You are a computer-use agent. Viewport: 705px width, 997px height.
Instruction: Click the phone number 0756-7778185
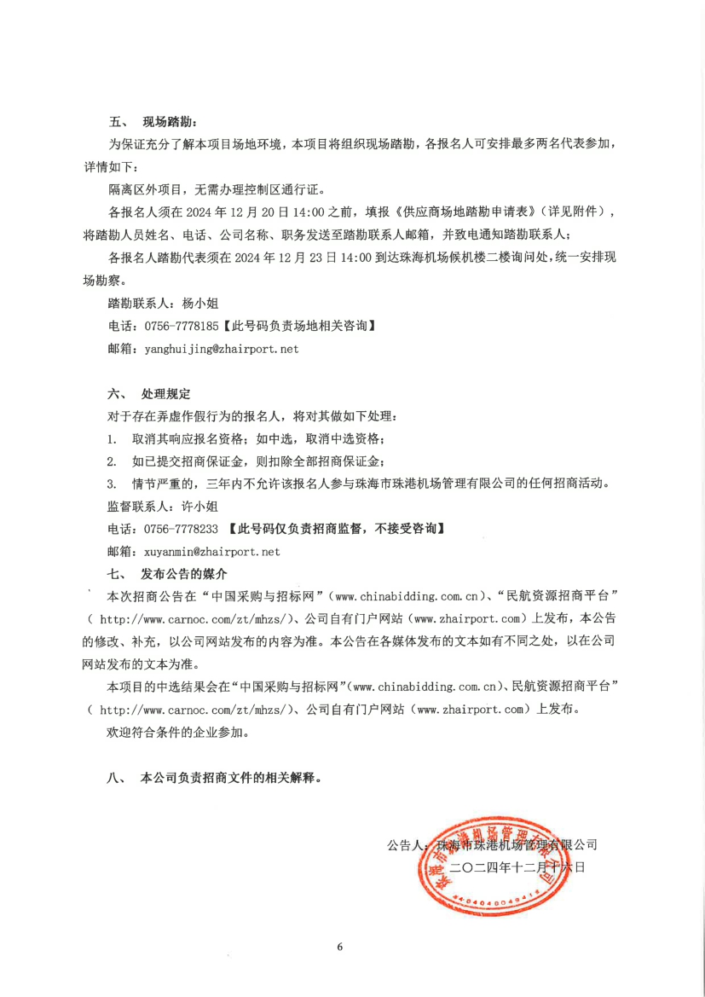pos(182,326)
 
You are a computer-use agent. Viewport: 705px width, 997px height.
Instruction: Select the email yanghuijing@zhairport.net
pos(222,349)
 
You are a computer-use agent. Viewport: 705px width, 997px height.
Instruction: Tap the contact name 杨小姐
pos(201,303)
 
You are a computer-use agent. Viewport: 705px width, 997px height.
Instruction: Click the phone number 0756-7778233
pos(182,529)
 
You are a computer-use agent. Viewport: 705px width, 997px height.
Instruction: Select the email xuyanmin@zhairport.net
pos(212,552)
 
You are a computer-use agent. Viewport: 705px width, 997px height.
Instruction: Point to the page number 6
pos(339,947)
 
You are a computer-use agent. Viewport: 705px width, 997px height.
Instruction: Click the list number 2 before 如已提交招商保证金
pos(112,461)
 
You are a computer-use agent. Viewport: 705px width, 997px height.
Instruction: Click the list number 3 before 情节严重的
pos(112,484)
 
